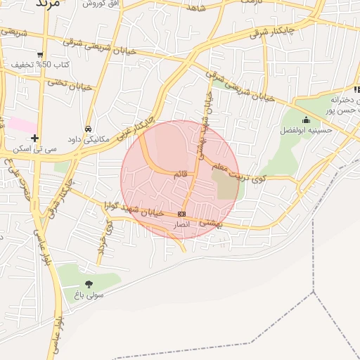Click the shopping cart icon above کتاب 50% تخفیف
40,54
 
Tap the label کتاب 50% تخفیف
40,65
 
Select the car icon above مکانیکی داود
88,129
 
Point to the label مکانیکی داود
88,139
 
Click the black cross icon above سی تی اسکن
34,137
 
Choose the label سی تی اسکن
34,148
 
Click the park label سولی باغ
86,295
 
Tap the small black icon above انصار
182,214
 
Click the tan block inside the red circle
225,184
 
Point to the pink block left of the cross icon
22,124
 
